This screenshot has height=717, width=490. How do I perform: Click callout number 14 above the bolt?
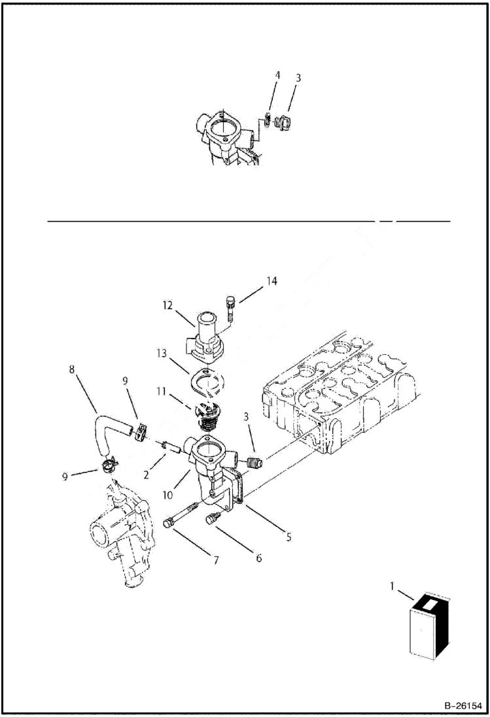[271, 281]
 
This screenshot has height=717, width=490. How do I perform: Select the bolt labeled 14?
[230, 307]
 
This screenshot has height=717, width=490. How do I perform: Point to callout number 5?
[289, 537]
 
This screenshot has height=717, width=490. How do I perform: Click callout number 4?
[277, 75]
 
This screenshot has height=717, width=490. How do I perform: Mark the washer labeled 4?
[268, 119]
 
